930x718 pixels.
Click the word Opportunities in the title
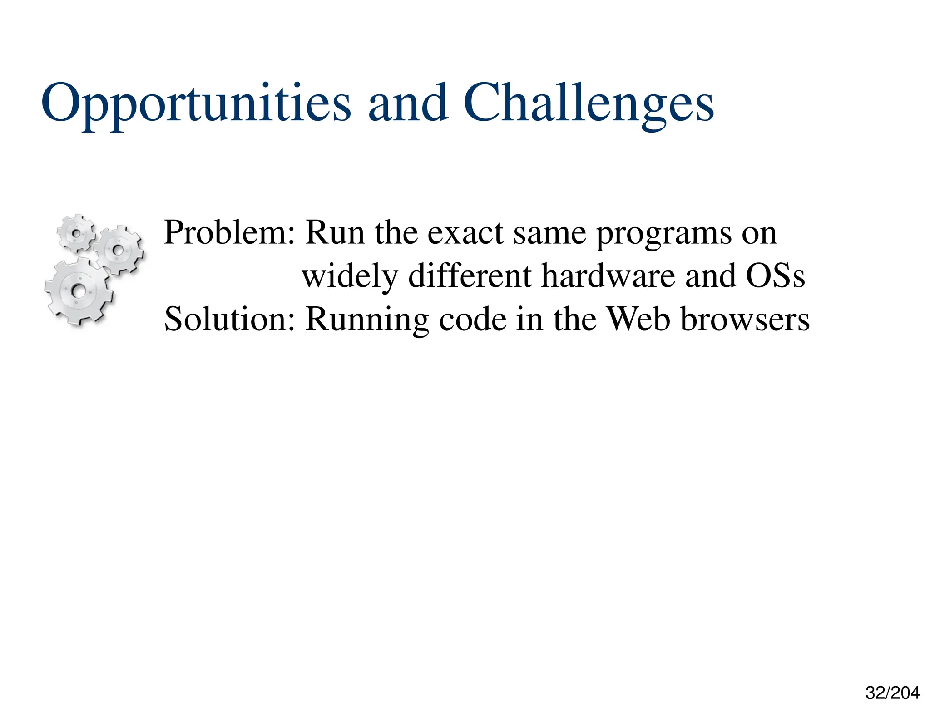pyautogui.click(x=195, y=103)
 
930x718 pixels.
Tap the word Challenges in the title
pyautogui.click(x=589, y=103)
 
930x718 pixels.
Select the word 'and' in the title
pyautogui.click(x=408, y=103)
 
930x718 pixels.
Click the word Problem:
pyautogui.click(x=229, y=232)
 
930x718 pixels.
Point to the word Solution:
pyautogui.click(x=229, y=319)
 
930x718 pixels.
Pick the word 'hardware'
pyautogui.click(x=608, y=276)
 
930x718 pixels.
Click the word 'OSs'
pyautogui.click(x=775, y=276)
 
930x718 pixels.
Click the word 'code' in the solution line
pyautogui.click(x=472, y=320)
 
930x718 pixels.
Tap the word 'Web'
pyautogui.click(x=638, y=319)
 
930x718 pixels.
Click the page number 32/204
pyautogui.click(x=892, y=693)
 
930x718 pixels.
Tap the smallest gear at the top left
pyautogui.click(x=76, y=233)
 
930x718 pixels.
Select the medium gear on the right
pyautogui.click(x=119, y=250)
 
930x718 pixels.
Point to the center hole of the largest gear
pyautogui.click(x=79, y=291)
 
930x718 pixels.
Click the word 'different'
pyautogui.click(x=470, y=276)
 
